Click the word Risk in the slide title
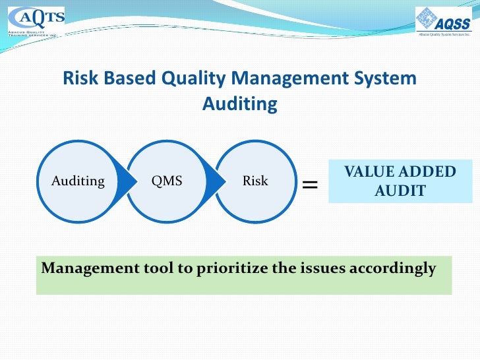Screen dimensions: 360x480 click(x=79, y=78)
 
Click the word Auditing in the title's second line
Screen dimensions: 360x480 click(x=240, y=104)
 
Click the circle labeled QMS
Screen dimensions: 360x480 click(x=167, y=181)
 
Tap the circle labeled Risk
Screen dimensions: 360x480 click(x=255, y=181)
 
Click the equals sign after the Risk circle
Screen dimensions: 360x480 click(x=309, y=186)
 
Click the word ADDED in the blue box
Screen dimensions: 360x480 click(x=429, y=172)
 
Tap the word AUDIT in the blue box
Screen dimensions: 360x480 click(x=400, y=191)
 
